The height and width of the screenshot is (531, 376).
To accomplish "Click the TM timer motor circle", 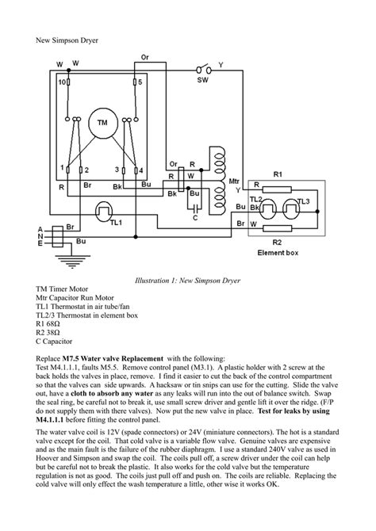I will click(102, 123).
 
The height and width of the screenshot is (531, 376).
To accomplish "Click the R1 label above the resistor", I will click(278, 172).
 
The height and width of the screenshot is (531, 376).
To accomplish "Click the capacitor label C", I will click(194, 216).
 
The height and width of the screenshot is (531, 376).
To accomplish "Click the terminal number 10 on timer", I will click(62, 82).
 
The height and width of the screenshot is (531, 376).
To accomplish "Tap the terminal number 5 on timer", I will click(139, 82).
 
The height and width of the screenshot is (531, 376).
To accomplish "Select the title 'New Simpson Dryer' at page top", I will click(69, 39).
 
